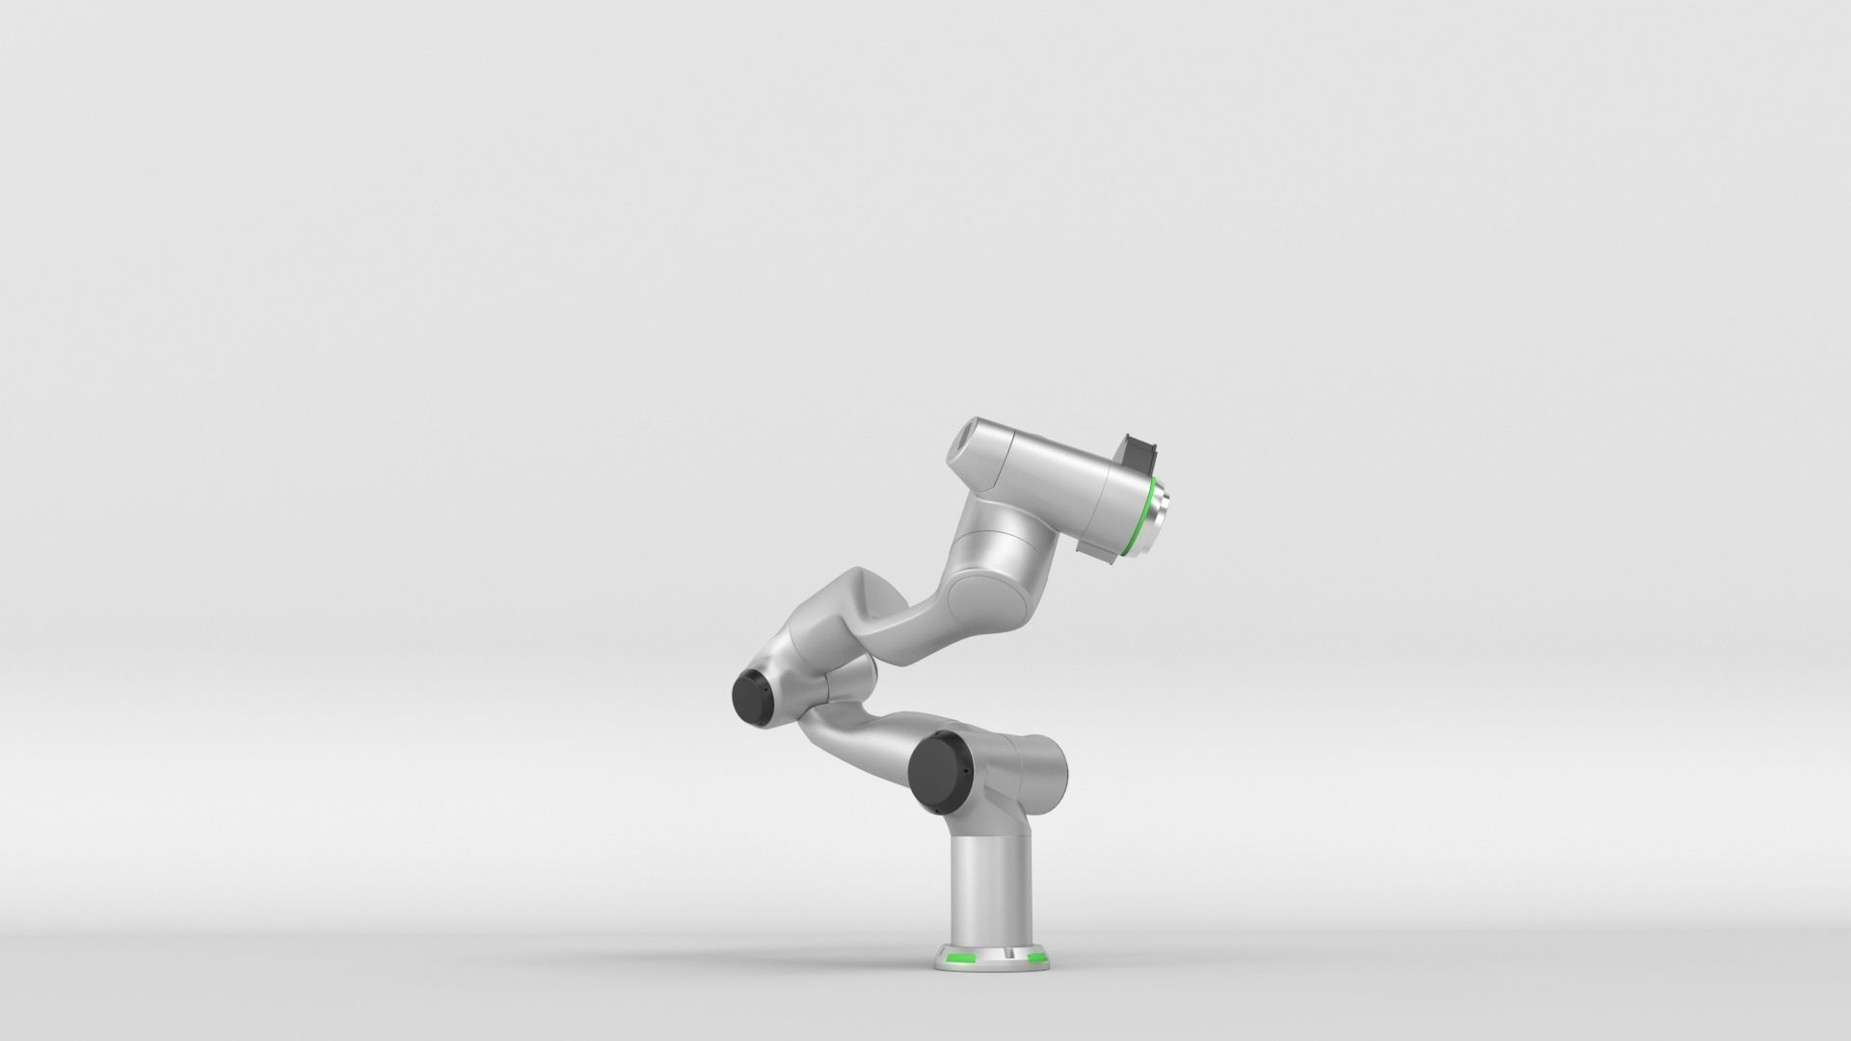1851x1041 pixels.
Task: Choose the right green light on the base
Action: click(x=1037, y=958)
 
